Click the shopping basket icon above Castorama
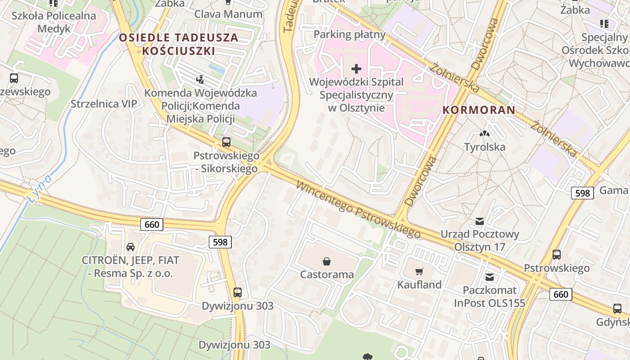[327, 261]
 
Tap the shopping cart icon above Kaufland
[419, 271]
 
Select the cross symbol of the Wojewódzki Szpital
[356, 69]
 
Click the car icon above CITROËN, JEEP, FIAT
[130, 247]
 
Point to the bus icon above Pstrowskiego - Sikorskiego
[226, 142]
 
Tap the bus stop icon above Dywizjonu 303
[238, 292]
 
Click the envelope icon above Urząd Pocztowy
[480, 221]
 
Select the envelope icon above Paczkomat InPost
[490, 277]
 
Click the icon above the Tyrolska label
[484, 134]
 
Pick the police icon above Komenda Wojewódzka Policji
[200, 80]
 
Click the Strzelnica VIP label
[104, 104]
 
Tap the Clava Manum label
[228, 14]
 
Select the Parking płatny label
[350, 34]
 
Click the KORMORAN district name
[479, 110]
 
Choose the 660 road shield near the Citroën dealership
[152, 224]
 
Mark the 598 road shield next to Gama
[582, 193]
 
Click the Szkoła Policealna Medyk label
[54, 22]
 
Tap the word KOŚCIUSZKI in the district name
[179, 51]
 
